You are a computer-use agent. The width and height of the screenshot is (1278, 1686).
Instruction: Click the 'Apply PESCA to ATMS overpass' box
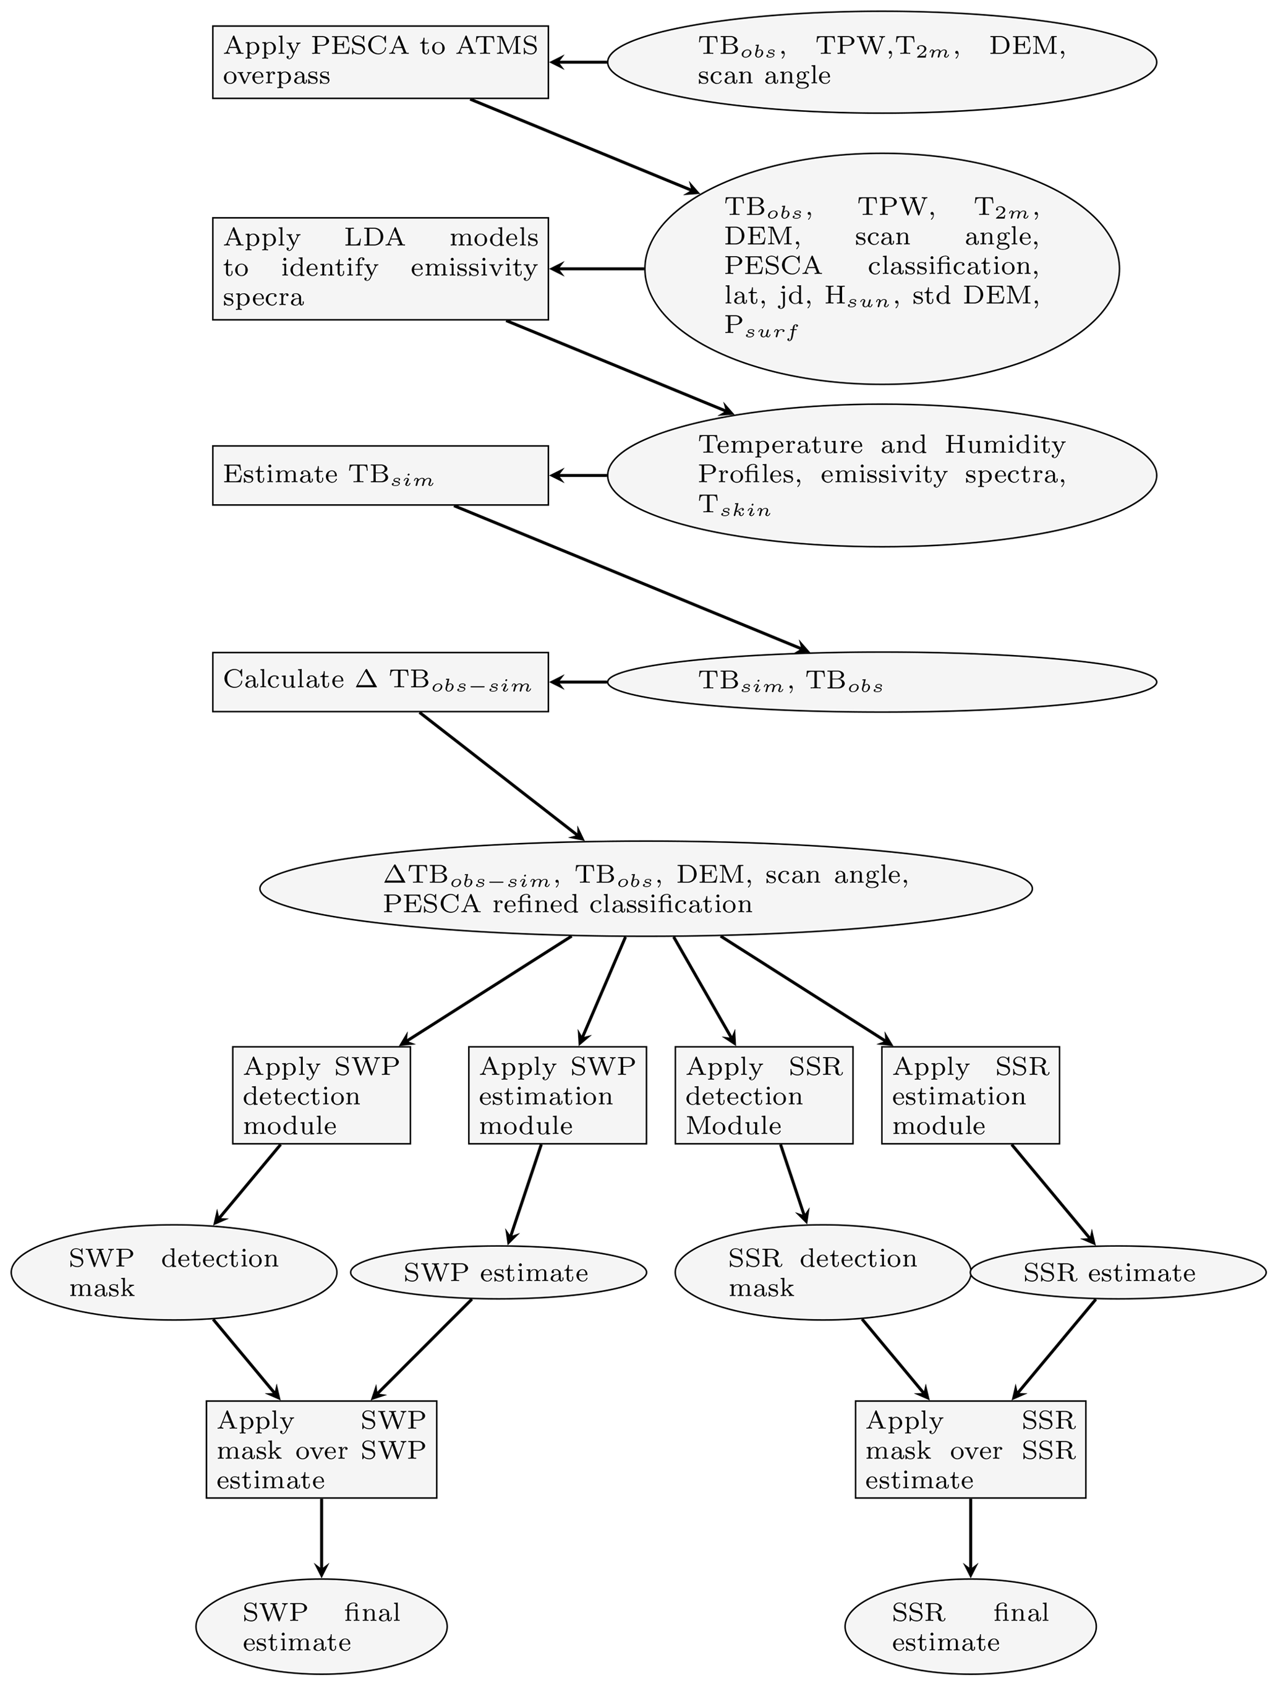click(380, 62)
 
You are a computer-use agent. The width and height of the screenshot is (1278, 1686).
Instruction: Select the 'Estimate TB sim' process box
click(380, 475)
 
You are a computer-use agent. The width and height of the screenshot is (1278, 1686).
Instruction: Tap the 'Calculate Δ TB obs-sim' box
click(380, 682)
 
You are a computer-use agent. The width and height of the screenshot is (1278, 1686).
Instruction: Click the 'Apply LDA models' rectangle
click(380, 268)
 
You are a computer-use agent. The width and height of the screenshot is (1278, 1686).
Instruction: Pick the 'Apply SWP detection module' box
click(322, 1095)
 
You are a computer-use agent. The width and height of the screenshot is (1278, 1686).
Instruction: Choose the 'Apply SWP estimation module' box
click(557, 1095)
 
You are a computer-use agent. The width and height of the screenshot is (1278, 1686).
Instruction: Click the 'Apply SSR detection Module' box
click(764, 1095)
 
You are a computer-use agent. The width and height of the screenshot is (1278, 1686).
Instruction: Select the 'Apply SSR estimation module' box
click(970, 1095)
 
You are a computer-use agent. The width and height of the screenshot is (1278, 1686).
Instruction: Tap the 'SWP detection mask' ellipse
click(174, 1273)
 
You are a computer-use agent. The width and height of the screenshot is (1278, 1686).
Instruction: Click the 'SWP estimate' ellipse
click(498, 1273)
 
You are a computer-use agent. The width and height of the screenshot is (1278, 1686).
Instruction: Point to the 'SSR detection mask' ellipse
click(823, 1273)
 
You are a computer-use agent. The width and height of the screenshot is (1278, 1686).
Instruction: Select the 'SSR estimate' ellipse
click(1118, 1273)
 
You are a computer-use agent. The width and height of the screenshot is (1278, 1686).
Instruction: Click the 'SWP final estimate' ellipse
click(322, 1627)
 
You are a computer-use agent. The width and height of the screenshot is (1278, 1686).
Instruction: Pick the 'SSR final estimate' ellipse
click(970, 1627)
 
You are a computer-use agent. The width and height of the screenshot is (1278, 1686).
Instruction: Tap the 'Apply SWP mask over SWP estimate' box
click(322, 1450)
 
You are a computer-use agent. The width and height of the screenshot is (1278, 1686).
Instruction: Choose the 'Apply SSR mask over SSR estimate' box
click(970, 1450)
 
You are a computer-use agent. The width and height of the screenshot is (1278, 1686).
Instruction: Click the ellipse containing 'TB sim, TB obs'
click(882, 682)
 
